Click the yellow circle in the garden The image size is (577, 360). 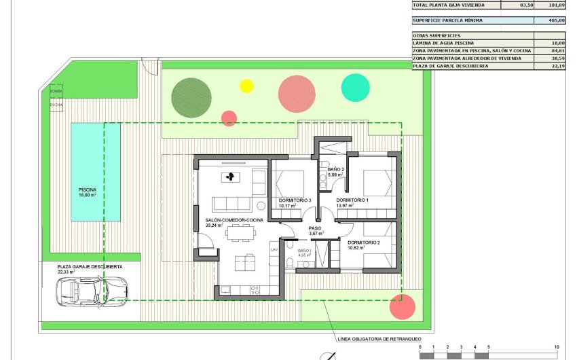tap(246, 86)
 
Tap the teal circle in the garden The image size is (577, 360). tap(355, 87)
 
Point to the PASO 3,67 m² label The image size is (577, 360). tap(315, 231)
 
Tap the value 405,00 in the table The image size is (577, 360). tap(559, 20)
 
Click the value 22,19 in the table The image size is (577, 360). tap(559, 66)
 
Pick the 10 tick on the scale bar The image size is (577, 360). tap(557, 347)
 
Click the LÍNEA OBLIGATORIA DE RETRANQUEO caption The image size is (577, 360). tap(379, 338)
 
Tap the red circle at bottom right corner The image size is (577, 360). tap(403, 307)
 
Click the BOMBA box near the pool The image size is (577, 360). tap(56, 91)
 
